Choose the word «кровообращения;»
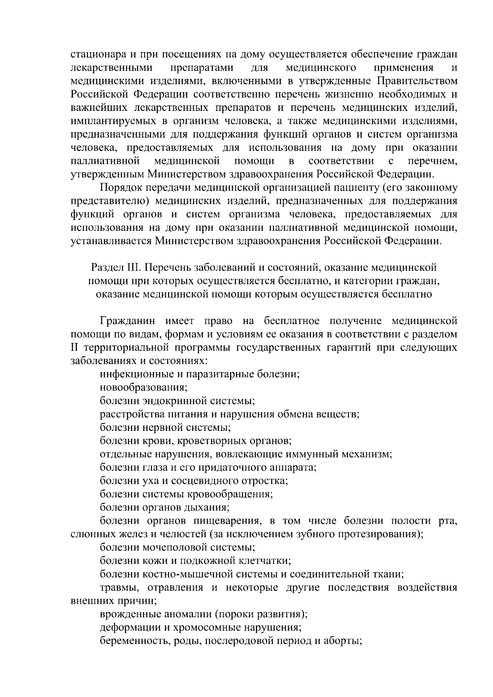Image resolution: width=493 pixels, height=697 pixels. (x=230, y=494)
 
